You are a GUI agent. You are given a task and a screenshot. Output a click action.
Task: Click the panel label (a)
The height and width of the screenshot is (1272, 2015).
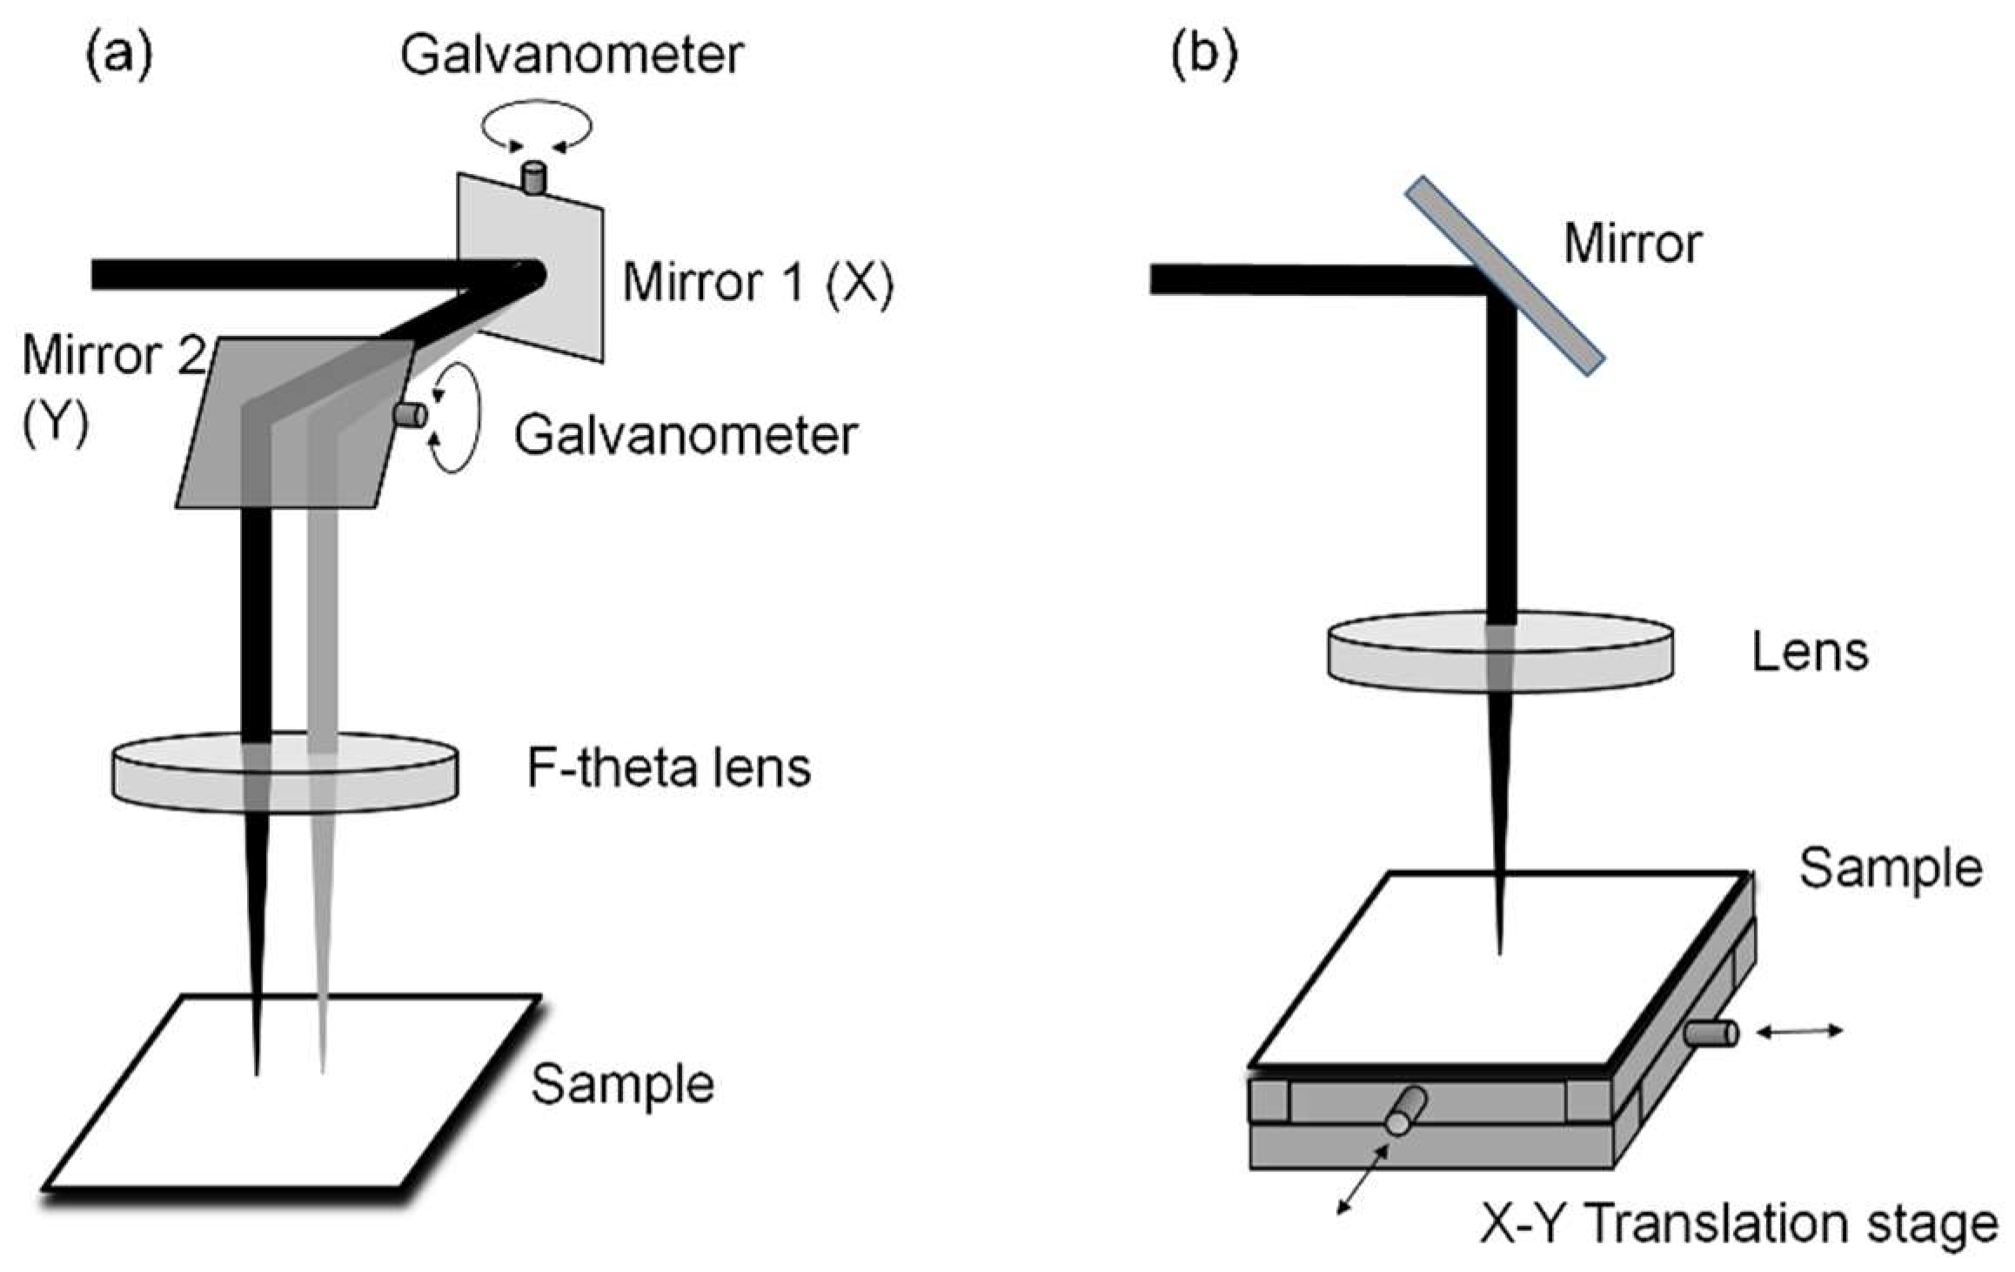(x=118, y=57)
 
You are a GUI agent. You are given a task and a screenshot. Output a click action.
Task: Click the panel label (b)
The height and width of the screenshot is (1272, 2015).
(x=1204, y=57)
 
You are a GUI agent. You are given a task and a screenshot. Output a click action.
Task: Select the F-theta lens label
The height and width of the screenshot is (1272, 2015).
(x=669, y=767)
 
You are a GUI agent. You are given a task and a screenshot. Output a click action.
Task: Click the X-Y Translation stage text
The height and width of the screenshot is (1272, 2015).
(x=1738, y=1225)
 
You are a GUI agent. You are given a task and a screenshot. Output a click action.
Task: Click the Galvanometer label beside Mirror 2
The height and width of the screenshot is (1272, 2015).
(x=686, y=435)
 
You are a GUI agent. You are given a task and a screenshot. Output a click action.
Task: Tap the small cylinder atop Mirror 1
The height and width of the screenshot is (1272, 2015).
(x=532, y=177)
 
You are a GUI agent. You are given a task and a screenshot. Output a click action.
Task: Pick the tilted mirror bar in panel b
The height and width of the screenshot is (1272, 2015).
(x=1505, y=275)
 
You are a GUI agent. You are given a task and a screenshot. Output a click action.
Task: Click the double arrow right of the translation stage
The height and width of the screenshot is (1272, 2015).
(x=1799, y=1032)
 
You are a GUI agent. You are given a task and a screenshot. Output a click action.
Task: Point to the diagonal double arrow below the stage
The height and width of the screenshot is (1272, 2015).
(x=1363, y=1178)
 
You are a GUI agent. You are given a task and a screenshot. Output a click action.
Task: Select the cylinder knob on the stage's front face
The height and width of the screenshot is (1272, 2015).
(x=1406, y=1110)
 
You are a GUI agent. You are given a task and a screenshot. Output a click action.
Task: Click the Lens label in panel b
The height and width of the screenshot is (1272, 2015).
(x=1810, y=653)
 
